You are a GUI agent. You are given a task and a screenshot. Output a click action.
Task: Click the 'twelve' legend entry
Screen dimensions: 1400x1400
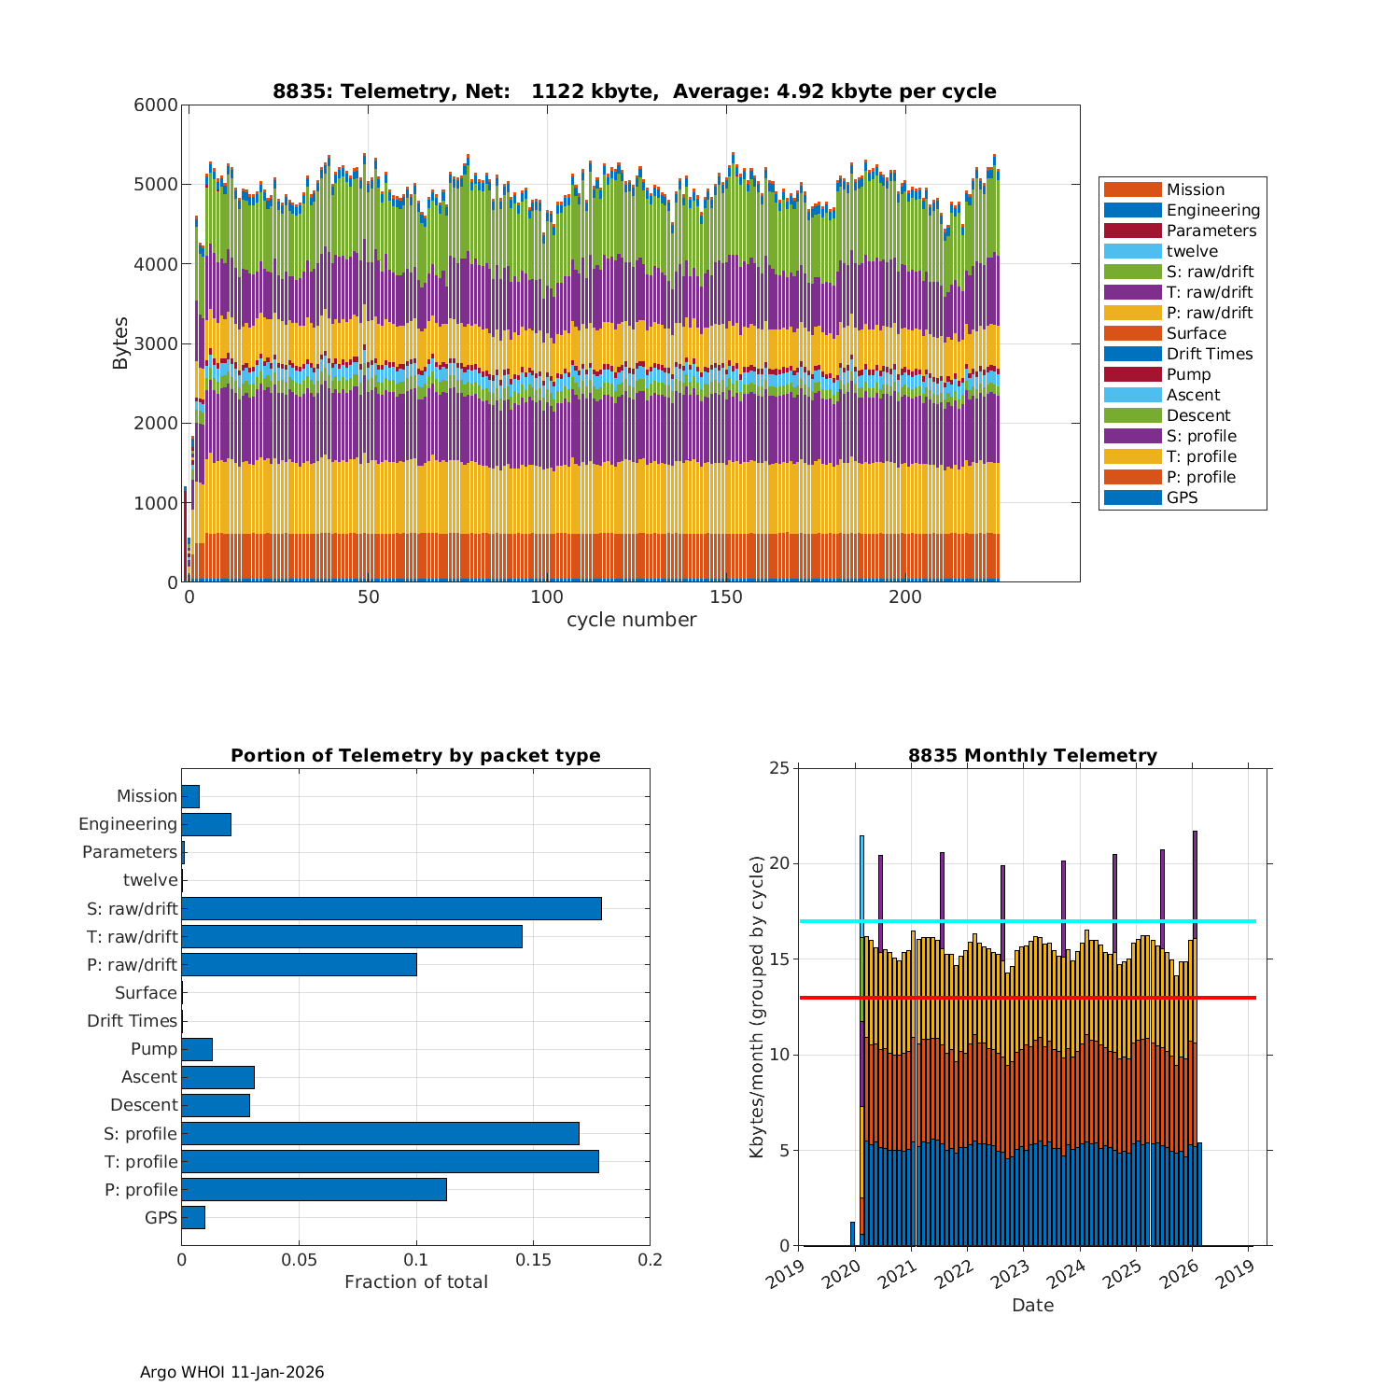[x=1192, y=251]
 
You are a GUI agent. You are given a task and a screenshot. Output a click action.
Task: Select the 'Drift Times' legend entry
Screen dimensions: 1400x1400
[x=1209, y=354]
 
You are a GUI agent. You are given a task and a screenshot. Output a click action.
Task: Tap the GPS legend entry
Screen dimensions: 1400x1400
[x=1182, y=497]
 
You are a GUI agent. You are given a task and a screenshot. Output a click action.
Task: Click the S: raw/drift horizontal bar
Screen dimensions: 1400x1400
[x=391, y=908]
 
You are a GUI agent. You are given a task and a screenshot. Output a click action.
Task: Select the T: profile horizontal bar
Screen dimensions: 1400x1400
[x=389, y=1161]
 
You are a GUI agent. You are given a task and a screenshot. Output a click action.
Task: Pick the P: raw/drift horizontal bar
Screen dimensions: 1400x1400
[x=299, y=964]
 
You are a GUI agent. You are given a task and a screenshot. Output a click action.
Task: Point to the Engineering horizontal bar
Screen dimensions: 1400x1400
[x=206, y=824]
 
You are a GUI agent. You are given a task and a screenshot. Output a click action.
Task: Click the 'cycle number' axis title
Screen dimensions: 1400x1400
[x=631, y=620]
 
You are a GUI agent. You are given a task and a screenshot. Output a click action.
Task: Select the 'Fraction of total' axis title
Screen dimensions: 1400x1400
[x=415, y=1282]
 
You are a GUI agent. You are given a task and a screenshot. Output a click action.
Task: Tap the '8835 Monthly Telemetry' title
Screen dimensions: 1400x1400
[x=1032, y=756]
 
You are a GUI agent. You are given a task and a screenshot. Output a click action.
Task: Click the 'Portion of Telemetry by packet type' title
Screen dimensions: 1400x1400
[x=415, y=756]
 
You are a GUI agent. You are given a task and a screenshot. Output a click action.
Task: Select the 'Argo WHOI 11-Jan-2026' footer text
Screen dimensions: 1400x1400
[x=231, y=1372]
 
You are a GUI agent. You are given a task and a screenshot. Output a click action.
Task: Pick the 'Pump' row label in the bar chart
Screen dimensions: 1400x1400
[x=153, y=1049]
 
